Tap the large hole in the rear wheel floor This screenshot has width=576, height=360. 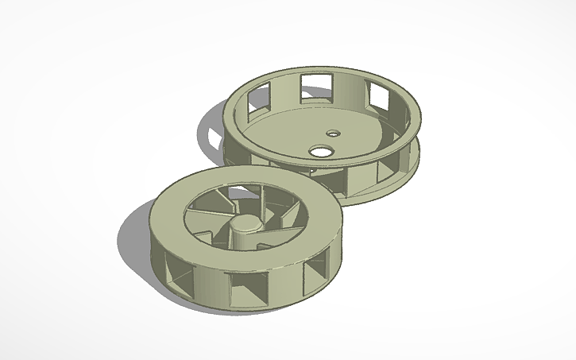[x=322, y=149]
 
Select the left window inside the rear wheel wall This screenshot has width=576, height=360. [x=258, y=99]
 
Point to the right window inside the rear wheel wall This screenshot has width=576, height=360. [x=378, y=98]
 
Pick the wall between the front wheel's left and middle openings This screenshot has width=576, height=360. [x=211, y=285]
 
